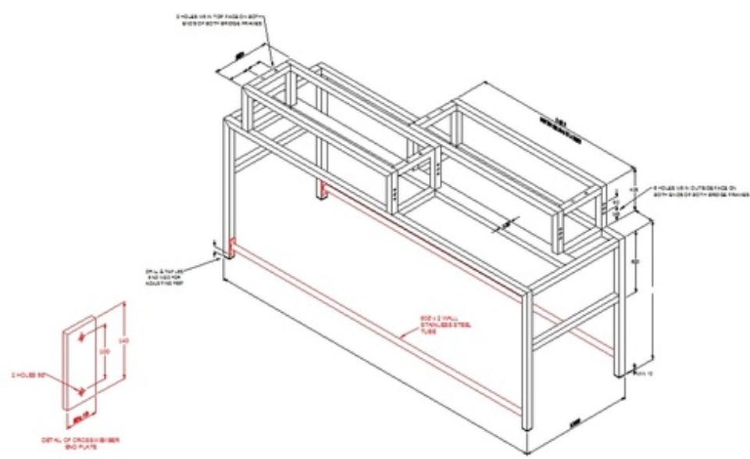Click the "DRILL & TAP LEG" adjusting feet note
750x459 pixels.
[166, 276]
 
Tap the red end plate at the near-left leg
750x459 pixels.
[232, 248]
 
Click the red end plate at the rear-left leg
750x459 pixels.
[320, 190]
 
